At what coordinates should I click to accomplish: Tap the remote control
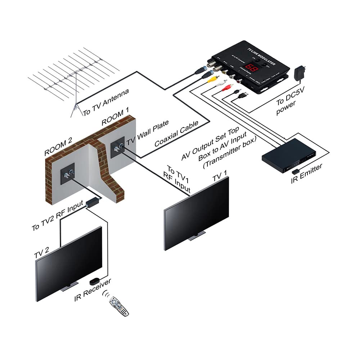[119, 306]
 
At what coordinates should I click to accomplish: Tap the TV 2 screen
[68, 263]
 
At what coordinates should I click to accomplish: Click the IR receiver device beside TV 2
[95, 280]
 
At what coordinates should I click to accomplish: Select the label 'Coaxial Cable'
[176, 134]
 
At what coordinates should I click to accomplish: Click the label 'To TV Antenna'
[106, 103]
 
